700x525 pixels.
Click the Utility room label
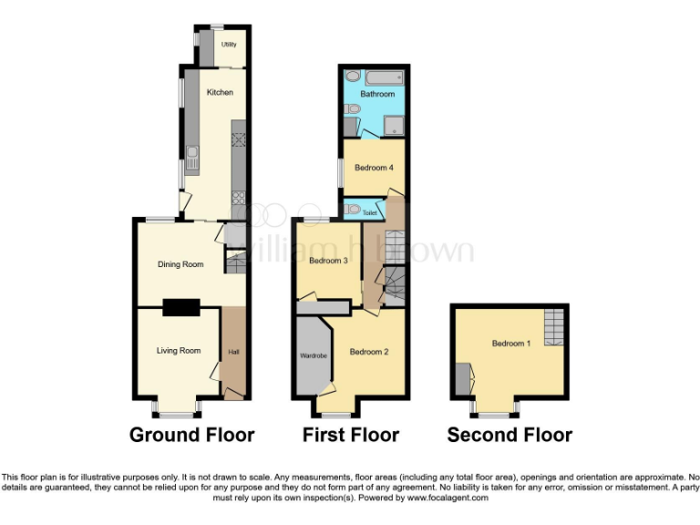coord(229,44)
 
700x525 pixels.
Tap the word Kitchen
coord(220,92)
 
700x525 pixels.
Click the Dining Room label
coord(180,264)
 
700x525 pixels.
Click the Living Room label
coord(178,350)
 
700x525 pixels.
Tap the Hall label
coord(233,352)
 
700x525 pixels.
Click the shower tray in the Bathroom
coord(395,126)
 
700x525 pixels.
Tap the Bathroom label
coord(376,94)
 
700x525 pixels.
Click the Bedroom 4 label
coord(374,168)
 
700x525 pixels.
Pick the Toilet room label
coord(369,213)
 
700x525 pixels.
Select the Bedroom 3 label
coord(328,261)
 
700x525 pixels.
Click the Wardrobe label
coord(313,355)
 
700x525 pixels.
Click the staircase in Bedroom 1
coord(552,327)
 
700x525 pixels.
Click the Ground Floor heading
coord(191,435)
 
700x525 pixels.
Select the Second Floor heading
coord(510,435)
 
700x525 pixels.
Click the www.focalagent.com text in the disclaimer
coord(448,498)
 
